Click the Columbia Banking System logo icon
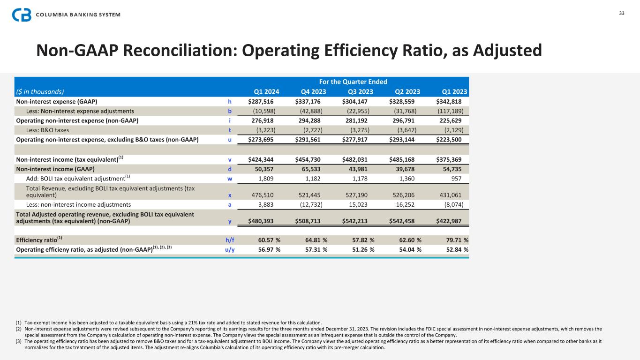[x=22, y=15]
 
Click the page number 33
[x=622, y=13]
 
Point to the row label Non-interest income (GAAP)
[x=56, y=169]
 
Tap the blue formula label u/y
[x=230, y=249]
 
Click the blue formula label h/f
[x=230, y=240]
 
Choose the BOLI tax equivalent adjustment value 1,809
[x=272, y=179]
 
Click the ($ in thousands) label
[x=40, y=92]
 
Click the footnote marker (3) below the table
[x=18, y=341]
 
